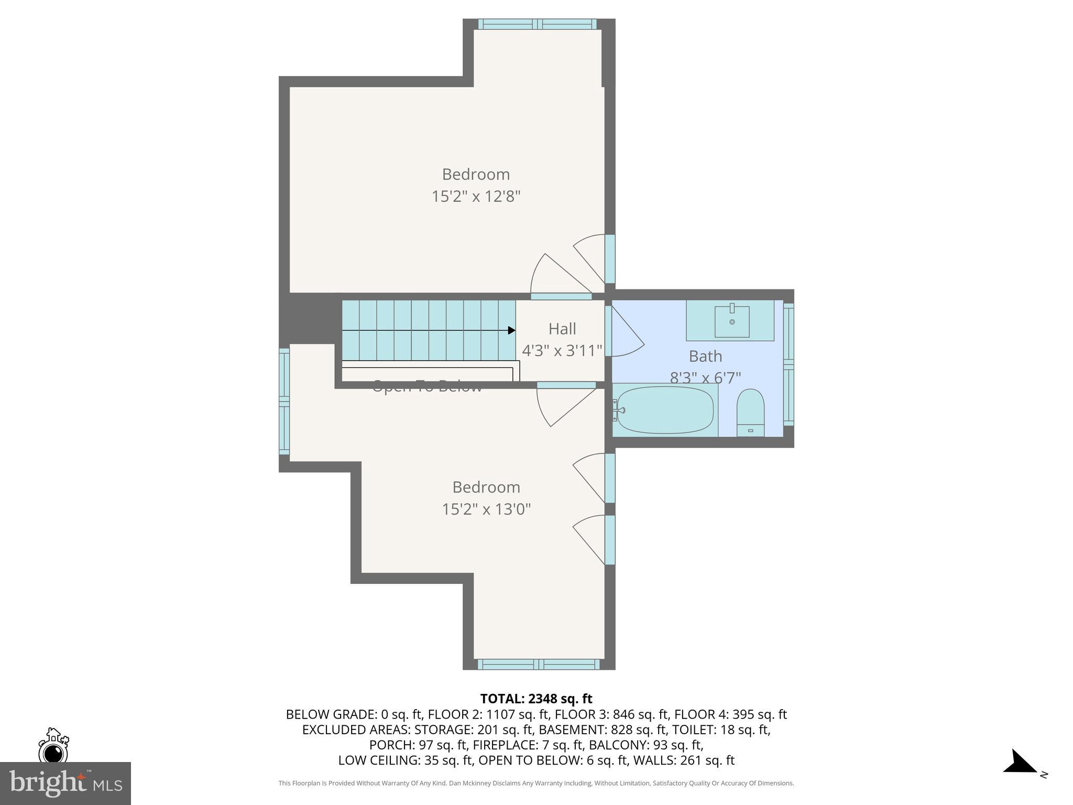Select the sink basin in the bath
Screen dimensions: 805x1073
pos(732,321)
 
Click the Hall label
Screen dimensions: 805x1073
pos(562,329)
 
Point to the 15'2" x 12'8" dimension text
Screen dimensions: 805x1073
pos(476,197)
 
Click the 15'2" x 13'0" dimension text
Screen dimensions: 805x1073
pos(486,509)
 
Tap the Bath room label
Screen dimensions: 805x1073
pos(705,356)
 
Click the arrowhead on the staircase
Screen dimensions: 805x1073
pos(511,330)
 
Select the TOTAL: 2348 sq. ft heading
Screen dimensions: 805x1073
pos(536,699)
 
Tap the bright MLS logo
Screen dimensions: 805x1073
pos(65,783)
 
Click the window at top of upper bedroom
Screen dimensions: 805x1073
pos(537,24)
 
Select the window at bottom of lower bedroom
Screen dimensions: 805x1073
pos(538,665)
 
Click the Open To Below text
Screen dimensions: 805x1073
pos(426,388)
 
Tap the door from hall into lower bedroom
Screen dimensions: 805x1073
pos(566,404)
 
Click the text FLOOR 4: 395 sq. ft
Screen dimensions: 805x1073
pos(730,714)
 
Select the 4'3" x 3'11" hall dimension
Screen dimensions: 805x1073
pos(562,351)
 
